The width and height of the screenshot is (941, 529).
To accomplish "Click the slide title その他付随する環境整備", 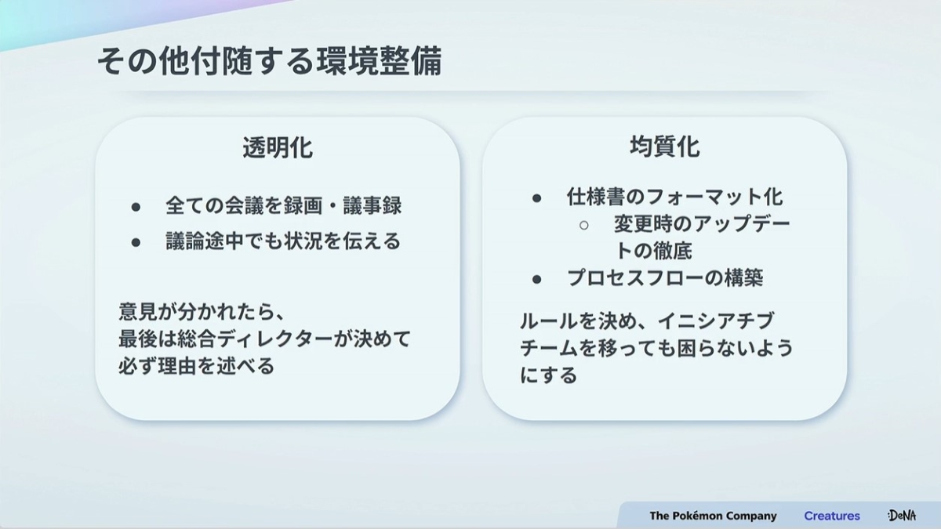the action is click(x=269, y=61).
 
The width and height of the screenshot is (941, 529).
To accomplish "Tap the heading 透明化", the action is click(x=278, y=148).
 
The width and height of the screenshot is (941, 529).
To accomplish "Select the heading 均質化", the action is click(x=665, y=147).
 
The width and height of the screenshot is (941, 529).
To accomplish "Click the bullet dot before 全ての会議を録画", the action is click(x=136, y=207).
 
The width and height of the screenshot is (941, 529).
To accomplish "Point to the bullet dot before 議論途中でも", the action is click(x=136, y=242).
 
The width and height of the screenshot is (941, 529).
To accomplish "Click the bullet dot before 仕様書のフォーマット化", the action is click(x=536, y=198).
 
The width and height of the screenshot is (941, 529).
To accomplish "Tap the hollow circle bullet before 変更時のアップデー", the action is click(x=583, y=226).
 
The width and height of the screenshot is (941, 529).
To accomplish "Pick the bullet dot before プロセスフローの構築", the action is click(x=536, y=279).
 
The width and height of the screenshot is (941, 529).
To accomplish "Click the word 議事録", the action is click(x=372, y=205).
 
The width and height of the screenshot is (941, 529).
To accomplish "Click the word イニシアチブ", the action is click(x=716, y=321).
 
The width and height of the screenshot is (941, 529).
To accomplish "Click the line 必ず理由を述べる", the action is click(x=196, y=366).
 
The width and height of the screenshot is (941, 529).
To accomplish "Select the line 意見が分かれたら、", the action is click(x=202, y=312).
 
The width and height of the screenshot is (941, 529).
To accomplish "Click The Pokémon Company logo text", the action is click(x=713, y=516).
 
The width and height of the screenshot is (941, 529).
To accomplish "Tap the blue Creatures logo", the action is click(x=832, y=516).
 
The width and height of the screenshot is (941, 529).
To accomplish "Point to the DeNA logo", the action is click(x=902, y=515).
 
